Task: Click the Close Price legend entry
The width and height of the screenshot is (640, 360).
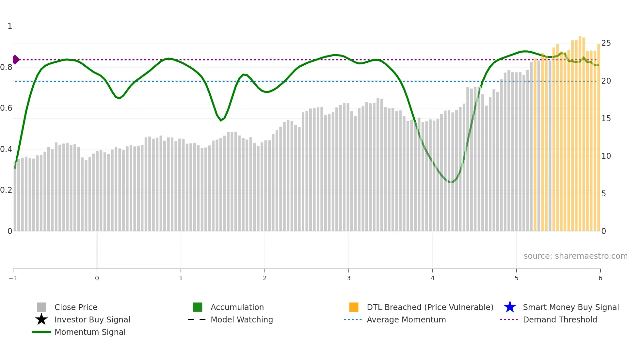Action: [x=75, y=307]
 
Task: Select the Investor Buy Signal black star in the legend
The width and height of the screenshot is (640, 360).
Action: [x=41, y=319]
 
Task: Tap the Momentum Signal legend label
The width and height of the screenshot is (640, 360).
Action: [x=90, y=332]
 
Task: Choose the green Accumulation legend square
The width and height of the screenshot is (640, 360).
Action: [x=198, y=307]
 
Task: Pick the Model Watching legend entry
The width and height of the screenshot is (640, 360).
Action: [x=241, y=319]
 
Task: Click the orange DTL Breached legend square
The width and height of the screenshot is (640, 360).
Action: [x=354, y=307]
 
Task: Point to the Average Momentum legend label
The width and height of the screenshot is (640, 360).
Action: [x=406, y=319]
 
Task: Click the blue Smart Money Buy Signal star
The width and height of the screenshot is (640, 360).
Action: [x=510, y=307]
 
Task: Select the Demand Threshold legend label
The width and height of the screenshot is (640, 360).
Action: [x=560, y=319]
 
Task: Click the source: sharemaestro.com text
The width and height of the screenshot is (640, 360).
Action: [x=575, y=256]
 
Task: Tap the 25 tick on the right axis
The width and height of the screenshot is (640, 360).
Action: [x=606, y=43]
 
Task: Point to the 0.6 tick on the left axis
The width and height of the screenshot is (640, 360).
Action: [x=7, y=108]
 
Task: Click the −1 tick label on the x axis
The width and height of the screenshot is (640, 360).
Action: [x=13, y=278]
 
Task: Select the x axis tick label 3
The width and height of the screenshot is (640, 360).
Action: [x=349, y=278]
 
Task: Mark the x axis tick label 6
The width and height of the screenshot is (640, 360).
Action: [x=600, y=278]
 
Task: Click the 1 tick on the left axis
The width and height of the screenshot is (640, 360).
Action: [x=10, y=26]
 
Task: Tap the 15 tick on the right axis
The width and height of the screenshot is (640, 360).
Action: [x=606, y=119]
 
